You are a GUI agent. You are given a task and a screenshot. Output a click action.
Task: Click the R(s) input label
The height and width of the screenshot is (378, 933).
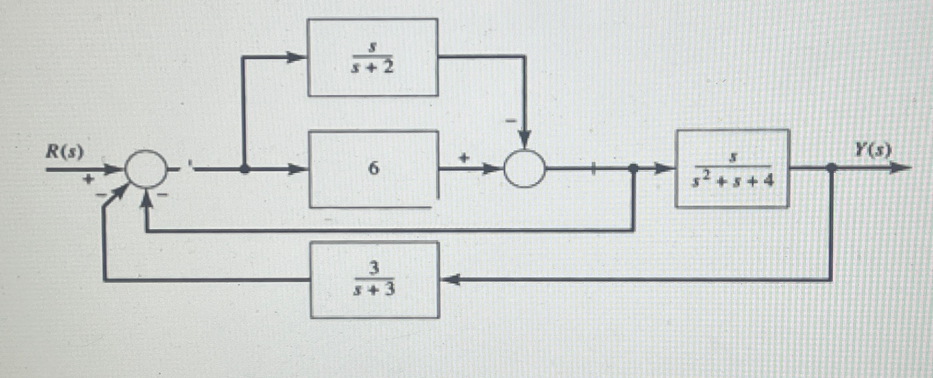(x=64, y=153)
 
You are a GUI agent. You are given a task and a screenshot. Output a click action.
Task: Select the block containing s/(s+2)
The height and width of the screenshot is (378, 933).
(x=373, y=57)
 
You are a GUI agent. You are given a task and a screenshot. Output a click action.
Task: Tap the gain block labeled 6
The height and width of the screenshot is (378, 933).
(x=373, y=169)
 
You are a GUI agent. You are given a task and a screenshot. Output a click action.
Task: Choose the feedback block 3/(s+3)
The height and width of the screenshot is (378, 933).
(x=375, y=280)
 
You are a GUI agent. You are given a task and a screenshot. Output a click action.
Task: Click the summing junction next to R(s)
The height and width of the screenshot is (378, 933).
(x=146, y=169)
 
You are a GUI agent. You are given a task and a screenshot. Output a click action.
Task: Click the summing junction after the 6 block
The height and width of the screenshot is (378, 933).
(x=525, y=169)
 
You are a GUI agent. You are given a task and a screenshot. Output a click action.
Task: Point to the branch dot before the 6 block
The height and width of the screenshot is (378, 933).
(x=245, y=169)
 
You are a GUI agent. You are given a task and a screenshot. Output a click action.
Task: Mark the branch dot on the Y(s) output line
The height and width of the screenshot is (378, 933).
(x=831, y=167)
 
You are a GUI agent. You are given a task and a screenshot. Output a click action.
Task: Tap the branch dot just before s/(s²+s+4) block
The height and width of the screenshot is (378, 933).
(x=634, y=168)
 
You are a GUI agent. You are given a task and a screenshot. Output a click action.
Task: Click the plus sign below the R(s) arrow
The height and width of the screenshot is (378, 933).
(x=88, y=179)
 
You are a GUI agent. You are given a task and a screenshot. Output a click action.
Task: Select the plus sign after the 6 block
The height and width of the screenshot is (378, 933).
(x=464, y=158)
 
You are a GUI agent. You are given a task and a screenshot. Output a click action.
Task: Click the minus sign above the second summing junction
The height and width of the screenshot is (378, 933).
(x=511, y=121)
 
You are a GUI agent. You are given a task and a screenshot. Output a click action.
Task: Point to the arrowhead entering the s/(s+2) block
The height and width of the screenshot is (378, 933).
(x=296, y=57)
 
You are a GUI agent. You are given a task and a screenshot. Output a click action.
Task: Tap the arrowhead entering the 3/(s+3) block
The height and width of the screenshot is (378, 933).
(x=450, y=280)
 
